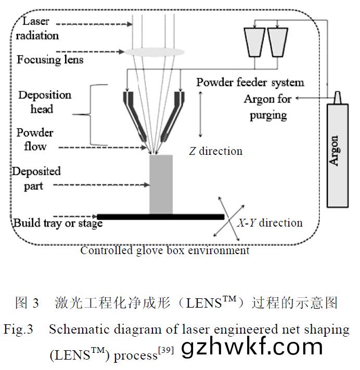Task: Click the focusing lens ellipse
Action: coord(155,51)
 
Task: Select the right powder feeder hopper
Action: coord(278,41)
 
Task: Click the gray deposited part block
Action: coord(161,184)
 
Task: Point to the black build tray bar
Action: coord(160,216)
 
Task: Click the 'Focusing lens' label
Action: coord(50,59)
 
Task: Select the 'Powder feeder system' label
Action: coord(250,82)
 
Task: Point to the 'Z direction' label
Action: coord(215,151)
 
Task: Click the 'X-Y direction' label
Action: coord(269,223)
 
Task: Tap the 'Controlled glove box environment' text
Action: coord(165,250)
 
